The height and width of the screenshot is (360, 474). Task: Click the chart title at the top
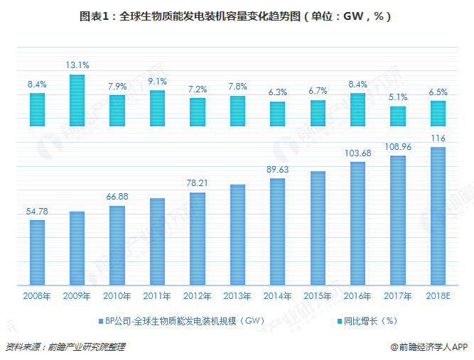point(236,14)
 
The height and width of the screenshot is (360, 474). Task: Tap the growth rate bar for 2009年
point(77,100)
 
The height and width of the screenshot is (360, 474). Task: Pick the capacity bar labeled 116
point(438,217)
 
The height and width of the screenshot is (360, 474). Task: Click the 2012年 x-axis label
point(197,295)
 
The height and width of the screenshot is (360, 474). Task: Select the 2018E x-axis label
point(438,295)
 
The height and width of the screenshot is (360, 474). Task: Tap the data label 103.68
point(357,153)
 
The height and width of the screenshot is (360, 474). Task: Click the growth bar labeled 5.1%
point(398,116)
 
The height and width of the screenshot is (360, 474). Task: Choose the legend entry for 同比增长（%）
point(368,320)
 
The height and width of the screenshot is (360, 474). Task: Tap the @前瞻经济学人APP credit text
point(429,347)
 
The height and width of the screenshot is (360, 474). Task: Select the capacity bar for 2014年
point(277,232)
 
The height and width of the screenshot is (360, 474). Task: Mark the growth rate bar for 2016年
point(357,109)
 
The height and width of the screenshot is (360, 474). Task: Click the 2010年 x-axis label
point(117,295)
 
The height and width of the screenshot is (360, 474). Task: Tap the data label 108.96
point(398,147)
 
